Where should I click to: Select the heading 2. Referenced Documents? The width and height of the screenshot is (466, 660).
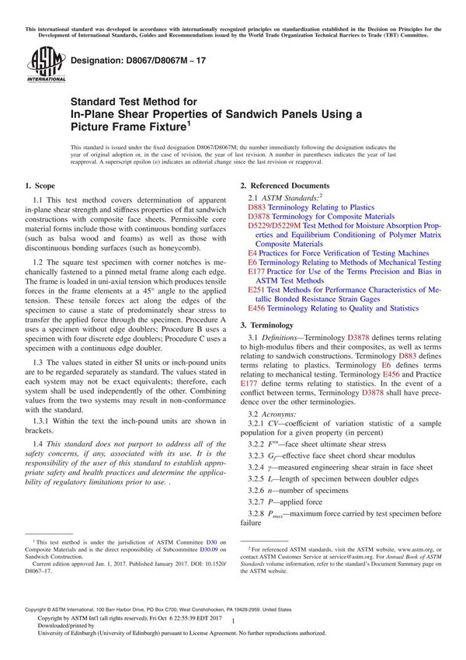285,186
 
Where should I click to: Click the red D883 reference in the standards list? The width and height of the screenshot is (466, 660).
258,208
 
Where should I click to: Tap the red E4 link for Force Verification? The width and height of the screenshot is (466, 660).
252,253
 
